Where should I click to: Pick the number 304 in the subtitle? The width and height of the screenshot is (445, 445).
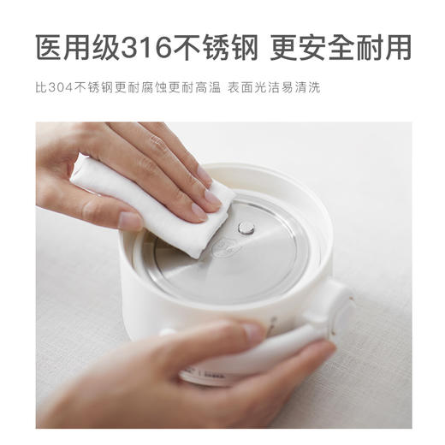click(x=56, y=87)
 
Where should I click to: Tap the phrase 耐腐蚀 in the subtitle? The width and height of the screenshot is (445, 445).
click(x=136, y=87)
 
